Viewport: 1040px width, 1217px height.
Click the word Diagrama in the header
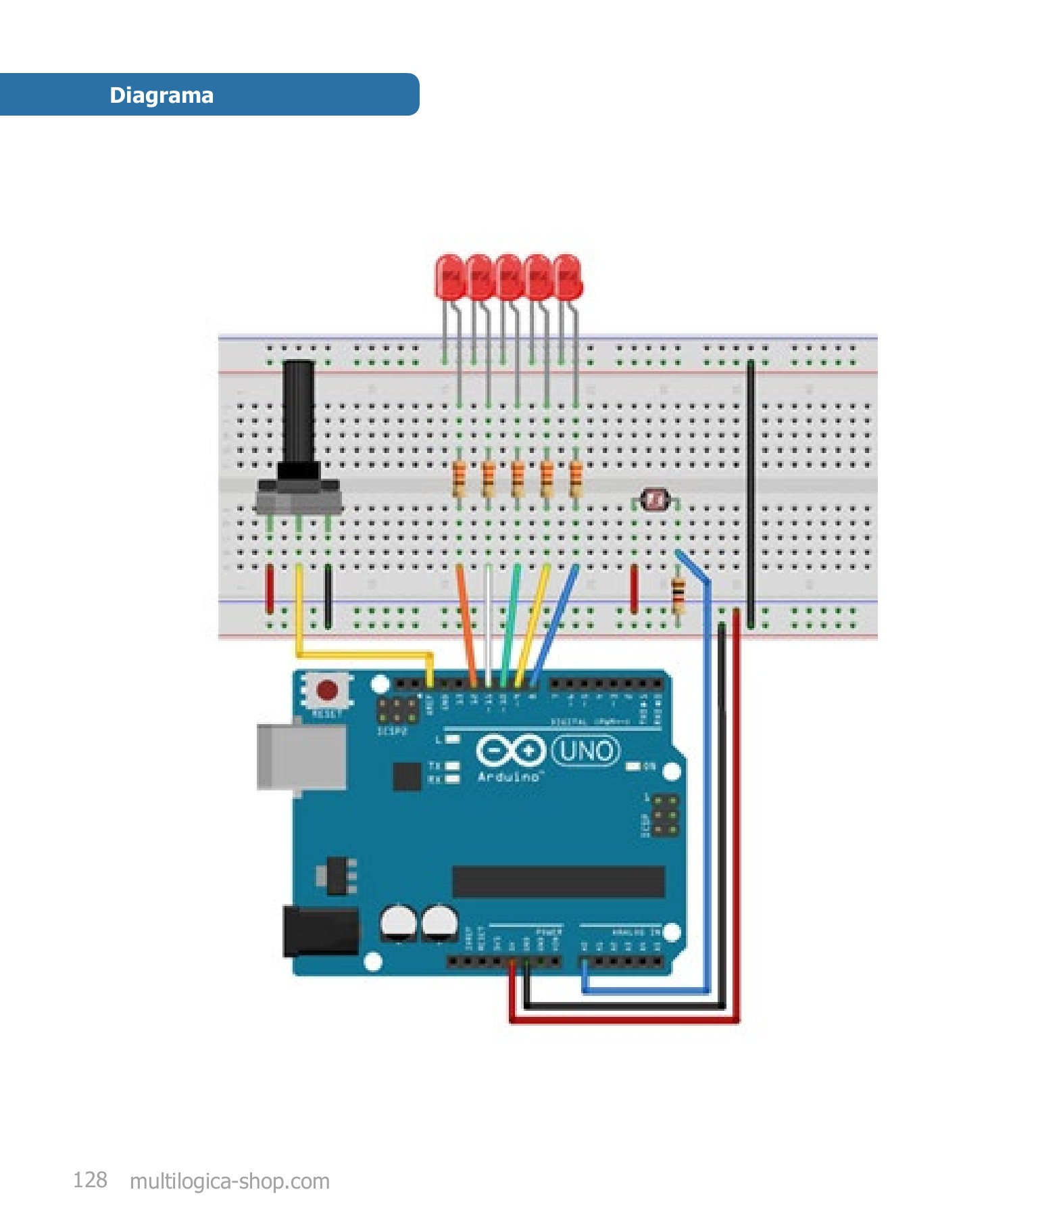[162, 95]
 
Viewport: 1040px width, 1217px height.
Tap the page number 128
[90, 1180]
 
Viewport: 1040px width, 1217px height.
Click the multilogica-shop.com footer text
[230, 1181]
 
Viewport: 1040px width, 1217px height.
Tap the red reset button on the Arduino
[328, 690]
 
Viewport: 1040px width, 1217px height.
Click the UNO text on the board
[585, 750]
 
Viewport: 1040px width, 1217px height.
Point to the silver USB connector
[301, 757]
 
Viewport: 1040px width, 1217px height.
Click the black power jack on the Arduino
[320, 932]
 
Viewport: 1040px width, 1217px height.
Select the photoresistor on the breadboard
[655, 500]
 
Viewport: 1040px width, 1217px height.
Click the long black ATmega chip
[558, 882]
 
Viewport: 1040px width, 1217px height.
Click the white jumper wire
[489, 622]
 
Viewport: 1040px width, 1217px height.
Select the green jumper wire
[510, 622]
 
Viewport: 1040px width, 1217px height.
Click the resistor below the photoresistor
[678, 596]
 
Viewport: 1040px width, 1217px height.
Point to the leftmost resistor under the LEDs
[459, 478]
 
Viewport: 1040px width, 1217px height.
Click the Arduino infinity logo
[510, 750]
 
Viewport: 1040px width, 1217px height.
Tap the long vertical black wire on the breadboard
[751, 494]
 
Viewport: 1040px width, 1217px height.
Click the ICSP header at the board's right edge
[665, 815]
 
